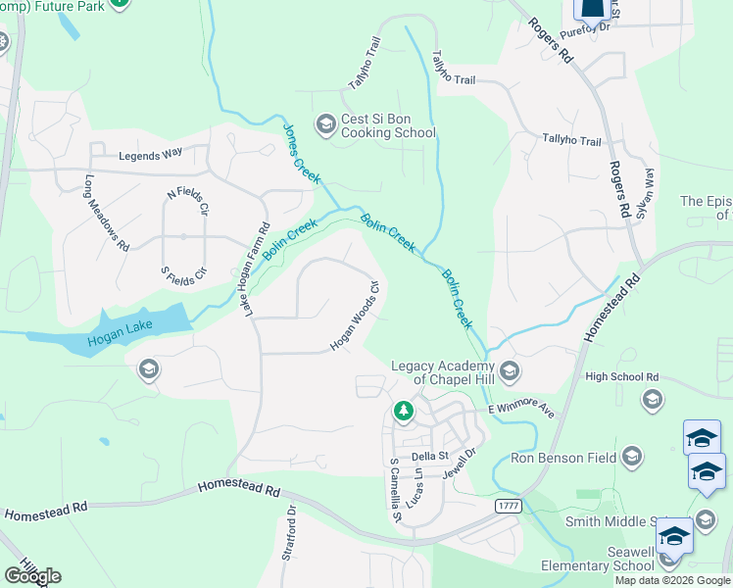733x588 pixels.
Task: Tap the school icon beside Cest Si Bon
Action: [x=325, y=124]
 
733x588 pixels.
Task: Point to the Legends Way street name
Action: [x=151, y=154]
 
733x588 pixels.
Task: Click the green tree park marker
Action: [x=403, y=411]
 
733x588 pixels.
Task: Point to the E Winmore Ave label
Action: [x=521, y=407]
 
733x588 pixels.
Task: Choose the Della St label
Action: [x=429, y=456]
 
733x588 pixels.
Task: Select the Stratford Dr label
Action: [x=289, y=532]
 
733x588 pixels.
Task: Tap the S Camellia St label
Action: [x=396, y=489]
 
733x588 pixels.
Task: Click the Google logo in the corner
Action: [x=32, y=576]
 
